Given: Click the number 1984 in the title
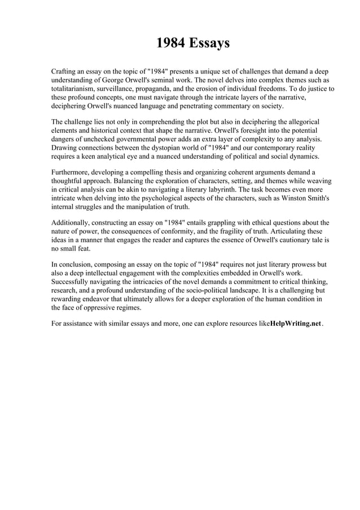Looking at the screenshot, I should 169,43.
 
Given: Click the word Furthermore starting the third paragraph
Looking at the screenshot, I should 72,172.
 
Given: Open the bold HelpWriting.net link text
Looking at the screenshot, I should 296,324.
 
